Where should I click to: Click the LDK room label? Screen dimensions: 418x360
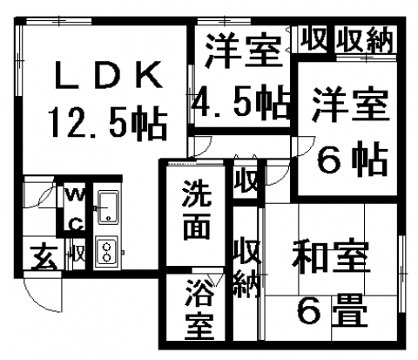coord(108,75)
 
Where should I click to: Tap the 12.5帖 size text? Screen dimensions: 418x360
coord(109,123)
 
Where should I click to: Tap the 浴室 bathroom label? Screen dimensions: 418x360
coord(199,309)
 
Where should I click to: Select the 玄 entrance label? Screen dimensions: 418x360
coord(44,257)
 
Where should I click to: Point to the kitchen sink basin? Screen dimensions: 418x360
coord(108,207)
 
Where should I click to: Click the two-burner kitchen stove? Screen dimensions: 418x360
coord(107,251)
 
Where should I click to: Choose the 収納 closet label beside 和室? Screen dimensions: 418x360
coord(246,268)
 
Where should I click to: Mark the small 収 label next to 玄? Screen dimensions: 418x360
coord(79,255)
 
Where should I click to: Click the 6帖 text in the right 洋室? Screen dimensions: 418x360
coord(353,159)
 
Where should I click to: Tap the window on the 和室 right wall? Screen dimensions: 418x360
coord(401,274)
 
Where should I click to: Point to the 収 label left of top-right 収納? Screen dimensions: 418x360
coord(313,39)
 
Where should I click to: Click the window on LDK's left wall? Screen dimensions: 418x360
coord(18,60)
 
